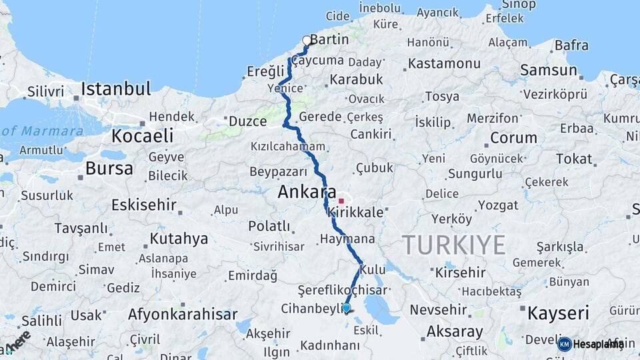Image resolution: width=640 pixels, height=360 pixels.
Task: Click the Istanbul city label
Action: [116, 89]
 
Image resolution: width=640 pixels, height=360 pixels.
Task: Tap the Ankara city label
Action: [307, 193]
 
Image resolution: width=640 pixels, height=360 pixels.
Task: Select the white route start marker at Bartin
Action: [307, 41]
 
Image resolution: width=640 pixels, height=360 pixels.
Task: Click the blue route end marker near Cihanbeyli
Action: [346, 307]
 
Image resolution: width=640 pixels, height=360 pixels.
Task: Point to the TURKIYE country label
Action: [453, 246]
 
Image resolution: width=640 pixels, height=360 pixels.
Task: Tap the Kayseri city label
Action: [558, 313]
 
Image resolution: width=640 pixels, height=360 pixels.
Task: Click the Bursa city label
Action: [109, 169]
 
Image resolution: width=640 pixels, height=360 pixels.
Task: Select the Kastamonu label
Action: [444, 64]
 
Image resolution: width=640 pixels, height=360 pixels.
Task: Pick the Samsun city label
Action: [548, 70]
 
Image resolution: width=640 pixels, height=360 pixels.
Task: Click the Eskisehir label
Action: [145, 205]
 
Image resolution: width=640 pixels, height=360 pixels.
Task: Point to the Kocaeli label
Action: [143, 136]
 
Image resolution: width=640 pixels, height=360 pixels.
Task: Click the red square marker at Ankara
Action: [341, 200]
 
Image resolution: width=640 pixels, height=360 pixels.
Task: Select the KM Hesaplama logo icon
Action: [565, 344]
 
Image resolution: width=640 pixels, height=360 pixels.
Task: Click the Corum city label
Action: [513, 139]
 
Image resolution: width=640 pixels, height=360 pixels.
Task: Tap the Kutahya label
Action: [179, 239]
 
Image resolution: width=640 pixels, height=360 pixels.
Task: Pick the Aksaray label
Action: [455, 331]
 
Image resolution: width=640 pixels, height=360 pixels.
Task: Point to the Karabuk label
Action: [355, 79]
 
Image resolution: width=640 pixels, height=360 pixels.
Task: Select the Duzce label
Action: [247, 121]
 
